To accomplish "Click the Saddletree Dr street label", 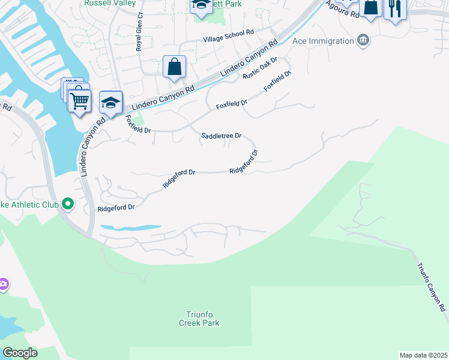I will click(x=220, y=136).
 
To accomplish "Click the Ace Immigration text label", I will click(x=323, y=41).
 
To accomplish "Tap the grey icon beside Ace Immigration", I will click(x=363, y=41).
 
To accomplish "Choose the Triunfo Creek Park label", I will click(x=199, y=318).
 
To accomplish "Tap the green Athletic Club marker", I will click(x=68, y=205).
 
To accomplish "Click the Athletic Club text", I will click(x=29, y=205).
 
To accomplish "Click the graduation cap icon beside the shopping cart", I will click(x=111, y=102).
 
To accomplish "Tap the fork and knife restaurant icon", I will click(x=395, y=8).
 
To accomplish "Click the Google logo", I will click(x=20, y=353).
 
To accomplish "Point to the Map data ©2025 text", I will click(x=423, y=355).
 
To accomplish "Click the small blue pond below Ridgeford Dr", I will click(x=130, y=228).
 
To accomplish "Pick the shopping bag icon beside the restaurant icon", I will click(x=371, y=7).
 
